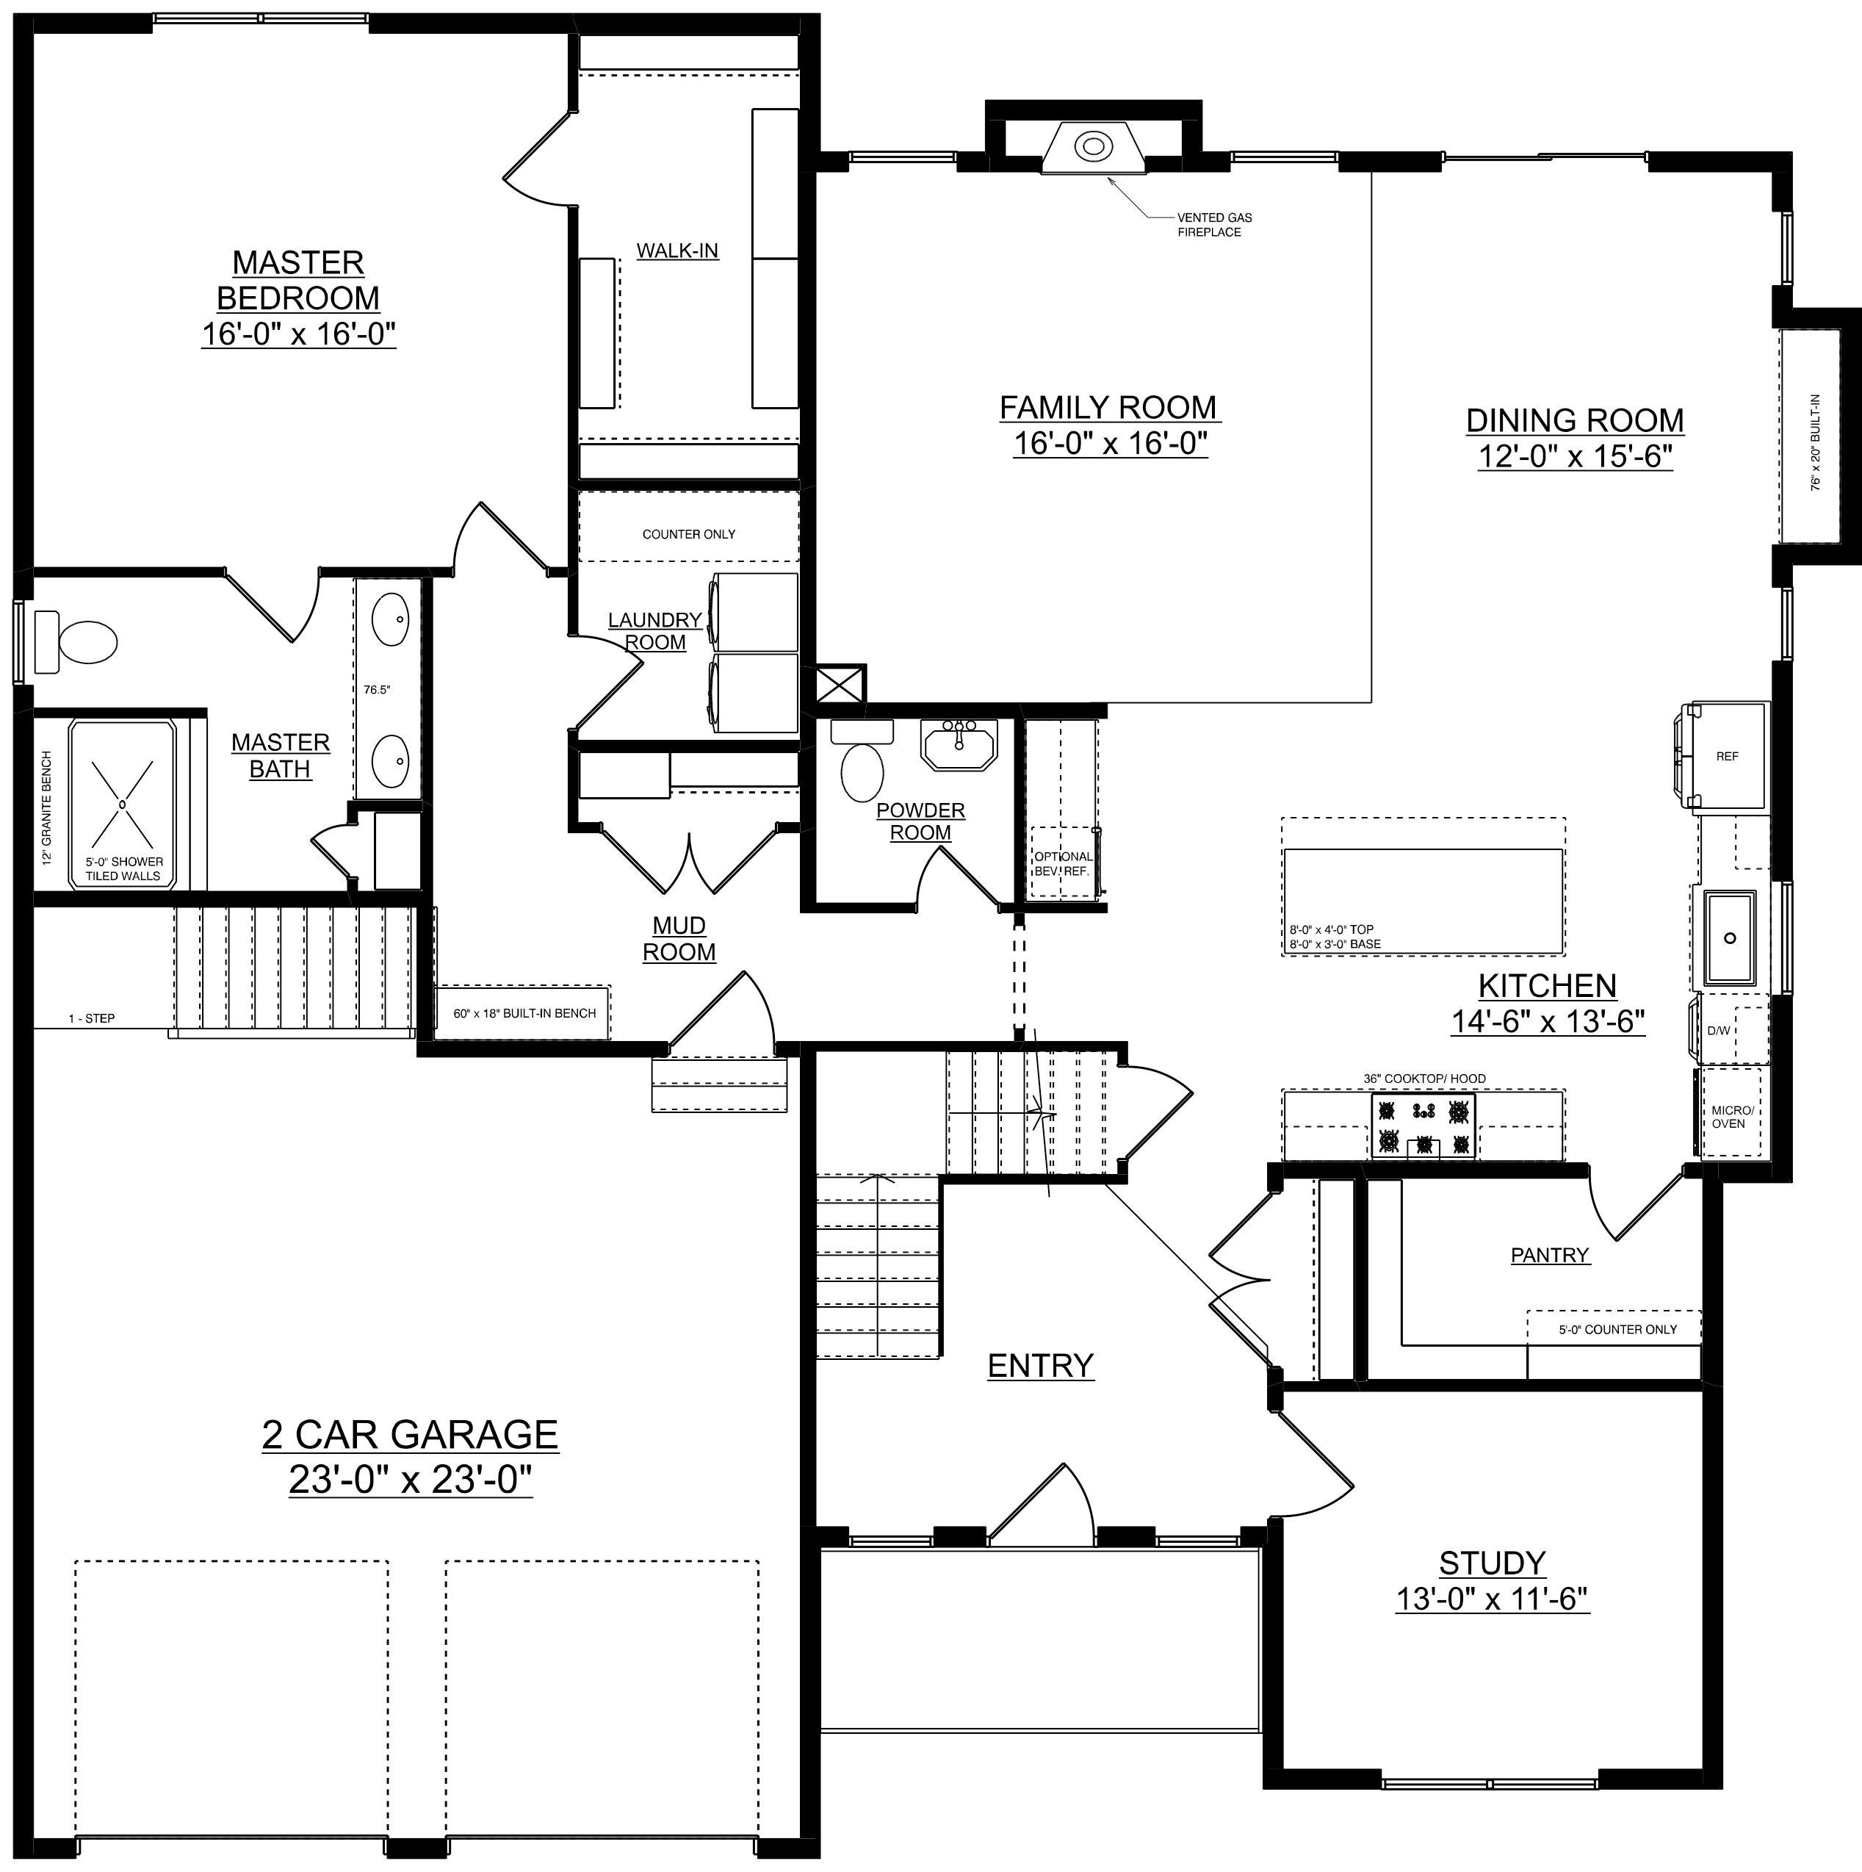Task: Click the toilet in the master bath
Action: [76, 641]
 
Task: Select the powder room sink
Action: [959, 744]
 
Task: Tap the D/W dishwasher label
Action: [1719, 1030]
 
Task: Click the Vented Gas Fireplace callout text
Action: [1214, 225]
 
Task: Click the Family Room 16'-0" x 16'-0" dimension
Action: [1111, 444]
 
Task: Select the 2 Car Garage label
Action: [410, 1434]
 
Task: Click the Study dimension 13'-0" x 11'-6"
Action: [1492, 1599]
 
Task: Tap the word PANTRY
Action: [1550, 1256]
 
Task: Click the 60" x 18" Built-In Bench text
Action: [524, 1014]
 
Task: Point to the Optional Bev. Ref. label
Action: [1063, 863]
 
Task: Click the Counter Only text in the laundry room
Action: [689, 534]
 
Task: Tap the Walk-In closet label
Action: [677, 251]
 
